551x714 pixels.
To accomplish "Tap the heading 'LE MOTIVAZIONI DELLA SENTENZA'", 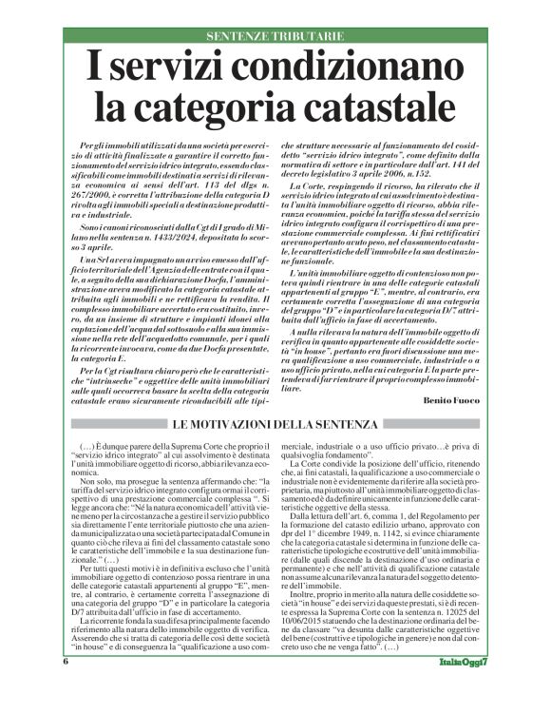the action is (x=275, y=395).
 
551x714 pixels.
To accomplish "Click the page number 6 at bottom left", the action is (x=66, y=686).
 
